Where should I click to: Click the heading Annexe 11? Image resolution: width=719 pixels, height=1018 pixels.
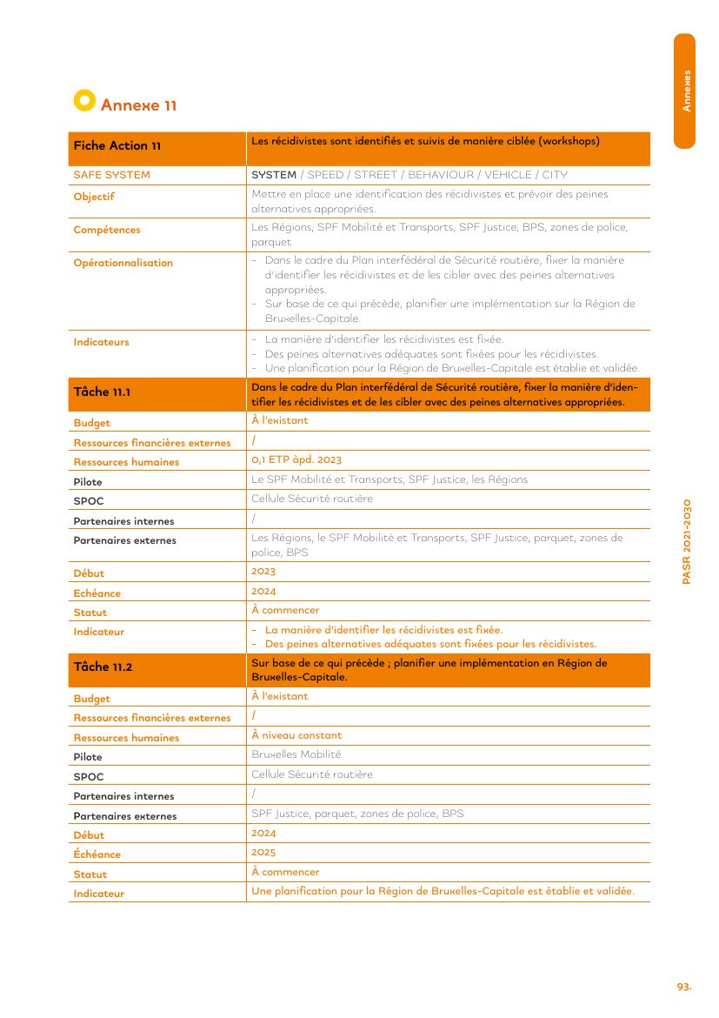(138, 105)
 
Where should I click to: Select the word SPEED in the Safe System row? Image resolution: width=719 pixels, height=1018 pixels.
(325, 175)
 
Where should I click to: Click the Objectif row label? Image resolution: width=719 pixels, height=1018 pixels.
(94, 197)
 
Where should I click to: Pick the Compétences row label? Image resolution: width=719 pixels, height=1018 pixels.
(106, 230)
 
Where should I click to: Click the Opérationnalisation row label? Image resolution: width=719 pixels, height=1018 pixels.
(123, 263)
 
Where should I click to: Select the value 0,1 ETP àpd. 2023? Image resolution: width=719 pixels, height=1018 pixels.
(296, 459)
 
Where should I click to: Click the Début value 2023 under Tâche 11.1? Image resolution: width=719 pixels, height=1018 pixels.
(263, 571)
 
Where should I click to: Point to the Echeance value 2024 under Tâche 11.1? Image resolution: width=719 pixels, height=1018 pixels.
(263, 591)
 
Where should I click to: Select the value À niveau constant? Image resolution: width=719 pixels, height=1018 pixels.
(296, 735)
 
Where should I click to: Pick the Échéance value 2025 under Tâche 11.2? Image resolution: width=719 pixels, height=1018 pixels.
(263, 852)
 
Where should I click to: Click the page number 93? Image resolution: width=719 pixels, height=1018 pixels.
(683, 987)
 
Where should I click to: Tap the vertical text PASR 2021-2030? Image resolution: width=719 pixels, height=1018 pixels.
(686, 541)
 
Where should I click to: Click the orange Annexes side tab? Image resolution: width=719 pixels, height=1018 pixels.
(685, 90)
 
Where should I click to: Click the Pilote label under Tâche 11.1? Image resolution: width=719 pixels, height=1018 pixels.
(87, 482)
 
